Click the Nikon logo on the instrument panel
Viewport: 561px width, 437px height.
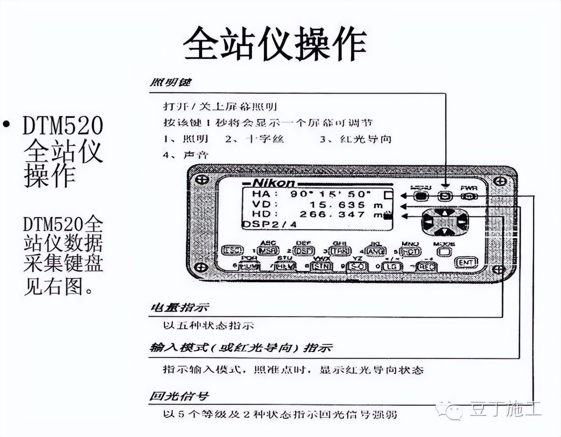(274, 183)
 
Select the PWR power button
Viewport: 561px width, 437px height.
(469, 196)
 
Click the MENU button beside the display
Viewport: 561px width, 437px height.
(421, 196)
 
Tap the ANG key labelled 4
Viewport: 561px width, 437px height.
(376, 251)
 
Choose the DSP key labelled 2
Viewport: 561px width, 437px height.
(303, 251)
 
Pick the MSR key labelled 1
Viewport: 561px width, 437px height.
(268, 251)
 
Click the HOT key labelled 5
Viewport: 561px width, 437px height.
(411, 252)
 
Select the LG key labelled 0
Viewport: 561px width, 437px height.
(391, 267)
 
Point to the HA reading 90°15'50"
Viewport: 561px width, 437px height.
(330, 193)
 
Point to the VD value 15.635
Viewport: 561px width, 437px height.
(337, 204)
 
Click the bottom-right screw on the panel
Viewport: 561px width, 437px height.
(498, 269)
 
